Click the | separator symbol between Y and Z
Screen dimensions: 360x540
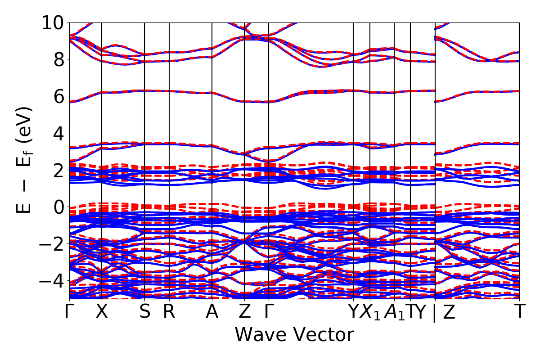coord(435,313)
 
